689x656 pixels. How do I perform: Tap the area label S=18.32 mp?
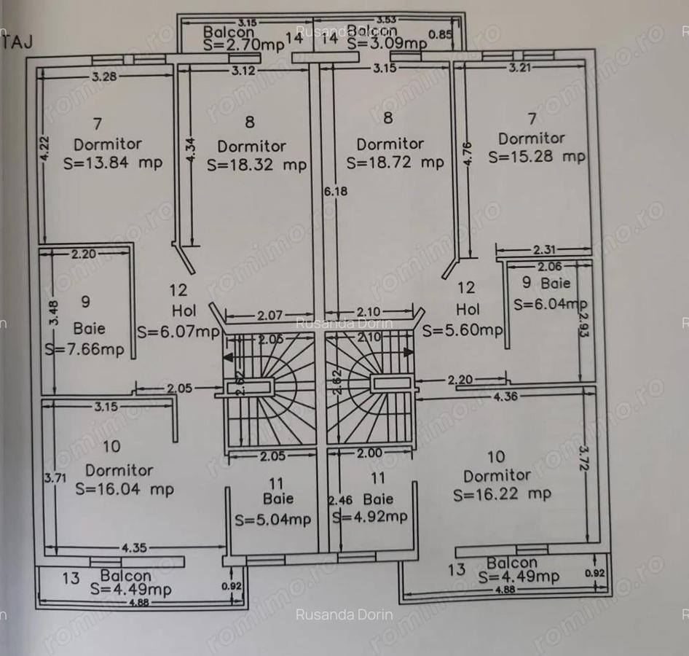pyautogui.click(x=256, y=165)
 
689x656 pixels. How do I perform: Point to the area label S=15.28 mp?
pyautogui.click(x=537, y=157)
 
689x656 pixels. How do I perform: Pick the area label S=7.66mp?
pyautogui.click(x=84, y=349)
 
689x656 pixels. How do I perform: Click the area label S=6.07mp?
pyautogui.click(x=178, y=332)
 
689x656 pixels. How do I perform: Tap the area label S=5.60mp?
pyautogui.click(x=462, y=329)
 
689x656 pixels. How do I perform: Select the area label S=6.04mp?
pyautogui.click(x=550, y=304)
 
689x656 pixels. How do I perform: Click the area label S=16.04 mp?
pyautogui.click(x=125, y=489)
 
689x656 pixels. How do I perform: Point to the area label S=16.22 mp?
pyautogui.click(x=502, y=494)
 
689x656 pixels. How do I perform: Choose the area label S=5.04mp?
pyautogui.click(x=272, y=520)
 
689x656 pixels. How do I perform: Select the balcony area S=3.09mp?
pyautogui.click(x=387, y=43)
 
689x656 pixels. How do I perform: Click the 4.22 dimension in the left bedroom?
pyautogui.click(x=45, y=149)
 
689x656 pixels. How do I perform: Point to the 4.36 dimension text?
pyautogui.click(x=507, y=397)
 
